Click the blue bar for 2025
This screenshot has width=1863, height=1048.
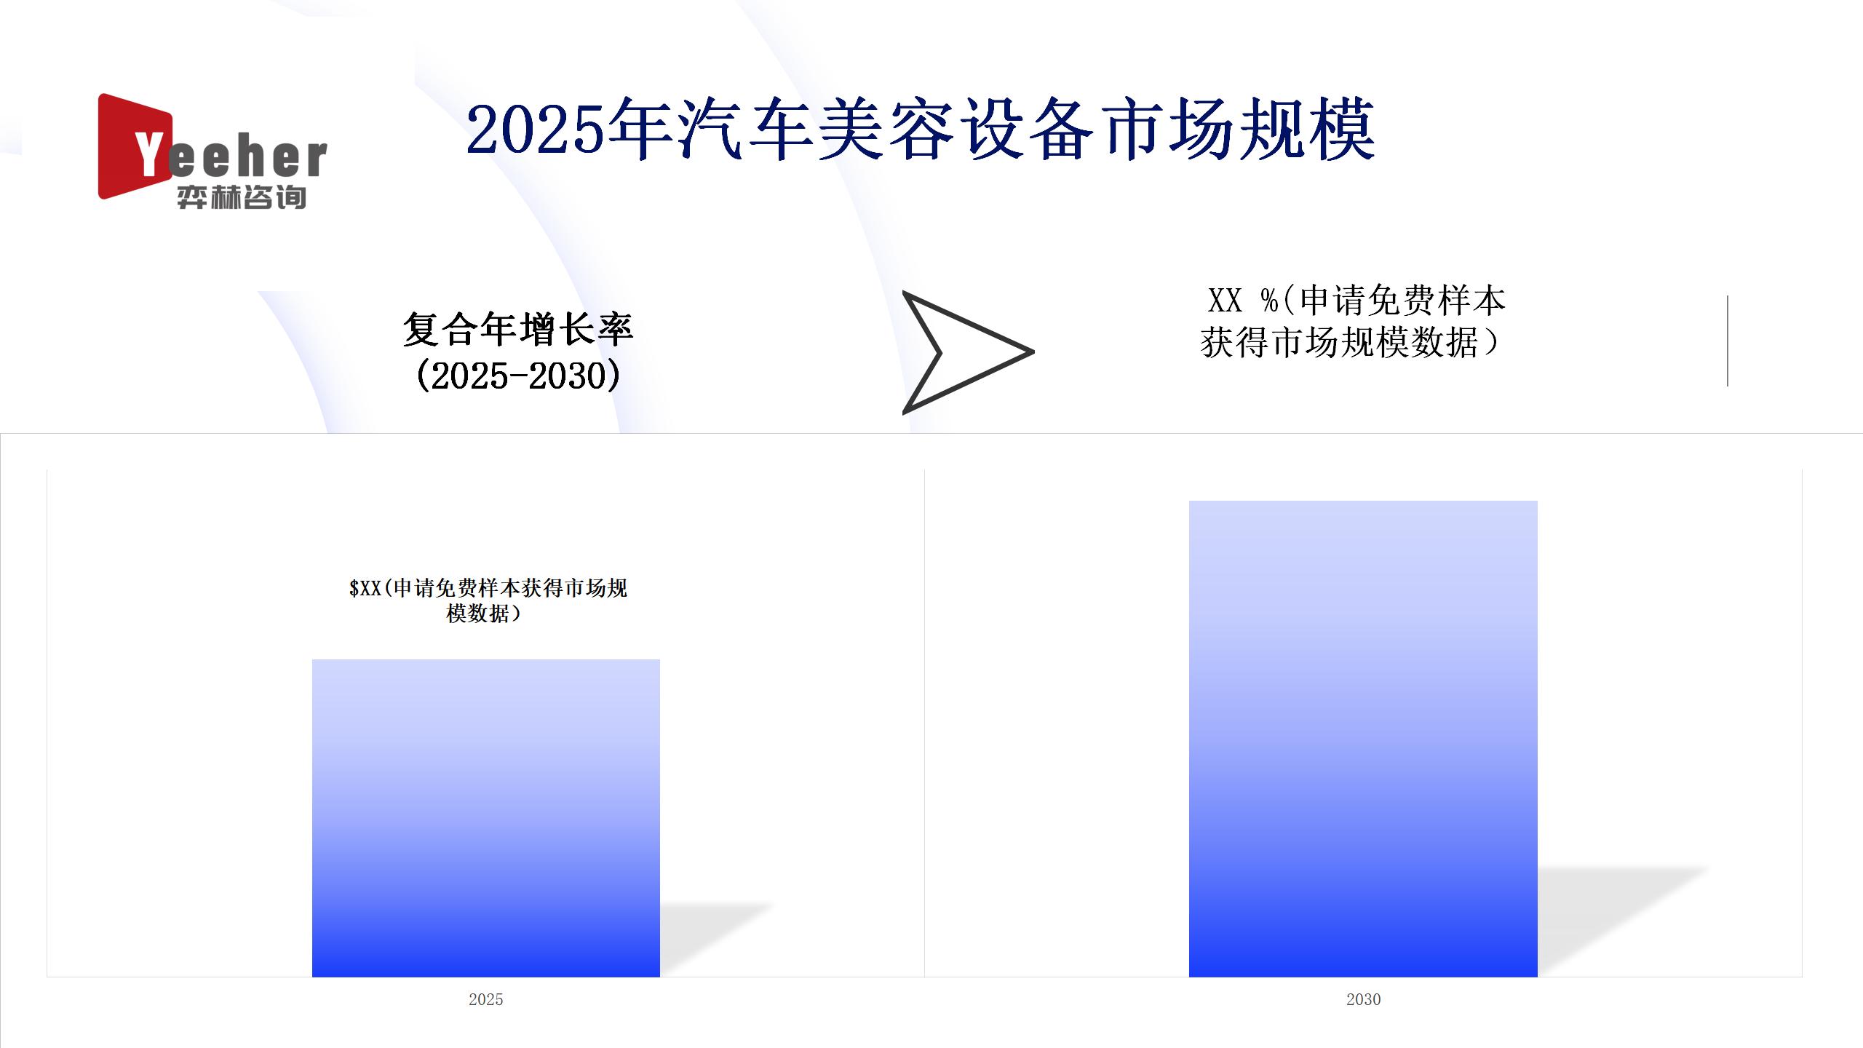pyautogui.click(x=486, y=818)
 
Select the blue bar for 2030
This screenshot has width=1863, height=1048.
pyautogui.click(x=1363, y=739)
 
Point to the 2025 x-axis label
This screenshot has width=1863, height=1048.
pyautogui.click(x=486, y=999)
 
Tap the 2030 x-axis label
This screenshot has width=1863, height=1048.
pyautogui.click(x=1363, y=999)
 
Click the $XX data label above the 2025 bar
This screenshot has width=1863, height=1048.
pyautogui.click(x=488, y=600)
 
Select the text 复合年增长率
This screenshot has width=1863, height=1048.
pyautogui.click(x=518, y=329)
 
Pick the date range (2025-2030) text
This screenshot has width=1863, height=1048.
pyautogui.click(x=518, y=376)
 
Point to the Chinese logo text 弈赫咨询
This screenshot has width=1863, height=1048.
pyautogui.click(x=241, y=197)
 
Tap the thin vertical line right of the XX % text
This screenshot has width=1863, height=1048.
pyautogui.click(x=1728, y=341)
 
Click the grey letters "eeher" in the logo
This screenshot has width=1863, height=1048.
pyautogui.click(x=247, y=159)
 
